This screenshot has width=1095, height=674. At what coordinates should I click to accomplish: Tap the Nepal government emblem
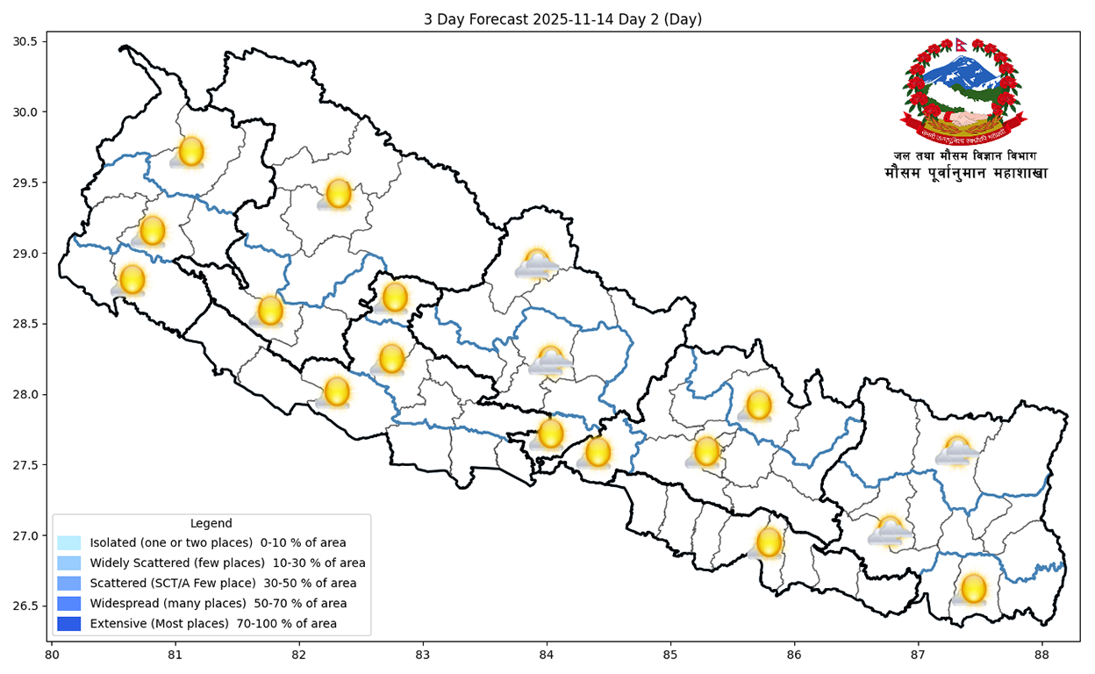965,91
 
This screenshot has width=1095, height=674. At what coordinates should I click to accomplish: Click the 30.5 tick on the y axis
25,41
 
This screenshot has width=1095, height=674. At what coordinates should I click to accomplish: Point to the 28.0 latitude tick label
25,395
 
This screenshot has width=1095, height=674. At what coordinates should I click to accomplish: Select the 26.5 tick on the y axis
25,606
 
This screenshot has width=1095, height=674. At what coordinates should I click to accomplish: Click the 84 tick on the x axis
547,655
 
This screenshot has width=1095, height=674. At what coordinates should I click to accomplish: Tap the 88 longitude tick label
1041,655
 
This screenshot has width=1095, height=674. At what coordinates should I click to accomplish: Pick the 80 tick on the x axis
52,655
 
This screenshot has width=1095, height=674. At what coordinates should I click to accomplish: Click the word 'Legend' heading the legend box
211,524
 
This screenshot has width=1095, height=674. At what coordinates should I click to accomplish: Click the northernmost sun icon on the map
190,152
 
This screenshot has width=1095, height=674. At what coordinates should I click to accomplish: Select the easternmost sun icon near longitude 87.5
973,589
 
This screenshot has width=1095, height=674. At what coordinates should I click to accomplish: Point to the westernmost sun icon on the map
132,280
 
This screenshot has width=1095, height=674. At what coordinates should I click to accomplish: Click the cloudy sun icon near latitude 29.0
536,264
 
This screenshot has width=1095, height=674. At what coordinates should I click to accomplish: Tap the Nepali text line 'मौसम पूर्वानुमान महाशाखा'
965,174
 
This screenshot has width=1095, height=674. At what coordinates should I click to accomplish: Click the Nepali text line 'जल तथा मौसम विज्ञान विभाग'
965,156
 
